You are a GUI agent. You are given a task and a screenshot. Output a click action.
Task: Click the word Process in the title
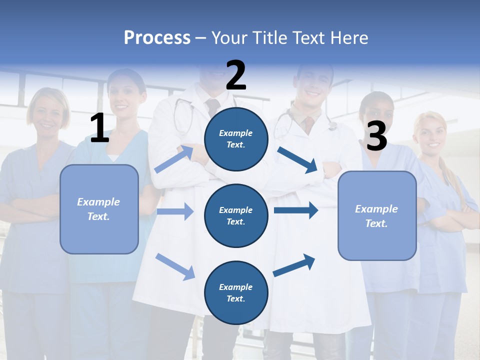157,38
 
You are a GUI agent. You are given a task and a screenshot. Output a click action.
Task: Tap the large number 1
99,128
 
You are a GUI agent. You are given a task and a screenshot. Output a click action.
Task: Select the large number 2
236,75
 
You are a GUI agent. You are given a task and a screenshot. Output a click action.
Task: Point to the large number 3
376,136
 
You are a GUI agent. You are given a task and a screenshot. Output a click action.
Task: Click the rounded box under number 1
99,209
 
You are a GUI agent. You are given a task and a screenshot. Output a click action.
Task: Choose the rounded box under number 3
377,215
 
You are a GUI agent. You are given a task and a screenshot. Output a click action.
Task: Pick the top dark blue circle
236,139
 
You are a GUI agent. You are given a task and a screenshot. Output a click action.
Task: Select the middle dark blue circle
236,215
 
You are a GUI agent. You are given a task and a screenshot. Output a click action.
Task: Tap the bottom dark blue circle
236,292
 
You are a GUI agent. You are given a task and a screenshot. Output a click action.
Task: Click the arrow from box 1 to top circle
174,159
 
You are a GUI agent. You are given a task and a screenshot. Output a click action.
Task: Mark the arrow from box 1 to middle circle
175,211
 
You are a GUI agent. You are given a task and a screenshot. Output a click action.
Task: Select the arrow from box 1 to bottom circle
175,266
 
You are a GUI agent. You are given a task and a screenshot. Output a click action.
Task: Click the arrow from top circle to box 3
297,160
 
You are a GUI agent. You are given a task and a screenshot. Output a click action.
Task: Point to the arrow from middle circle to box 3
296,210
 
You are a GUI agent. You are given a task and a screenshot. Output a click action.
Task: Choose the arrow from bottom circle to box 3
294,265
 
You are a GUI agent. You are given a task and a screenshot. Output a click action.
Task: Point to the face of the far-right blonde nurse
430,134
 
